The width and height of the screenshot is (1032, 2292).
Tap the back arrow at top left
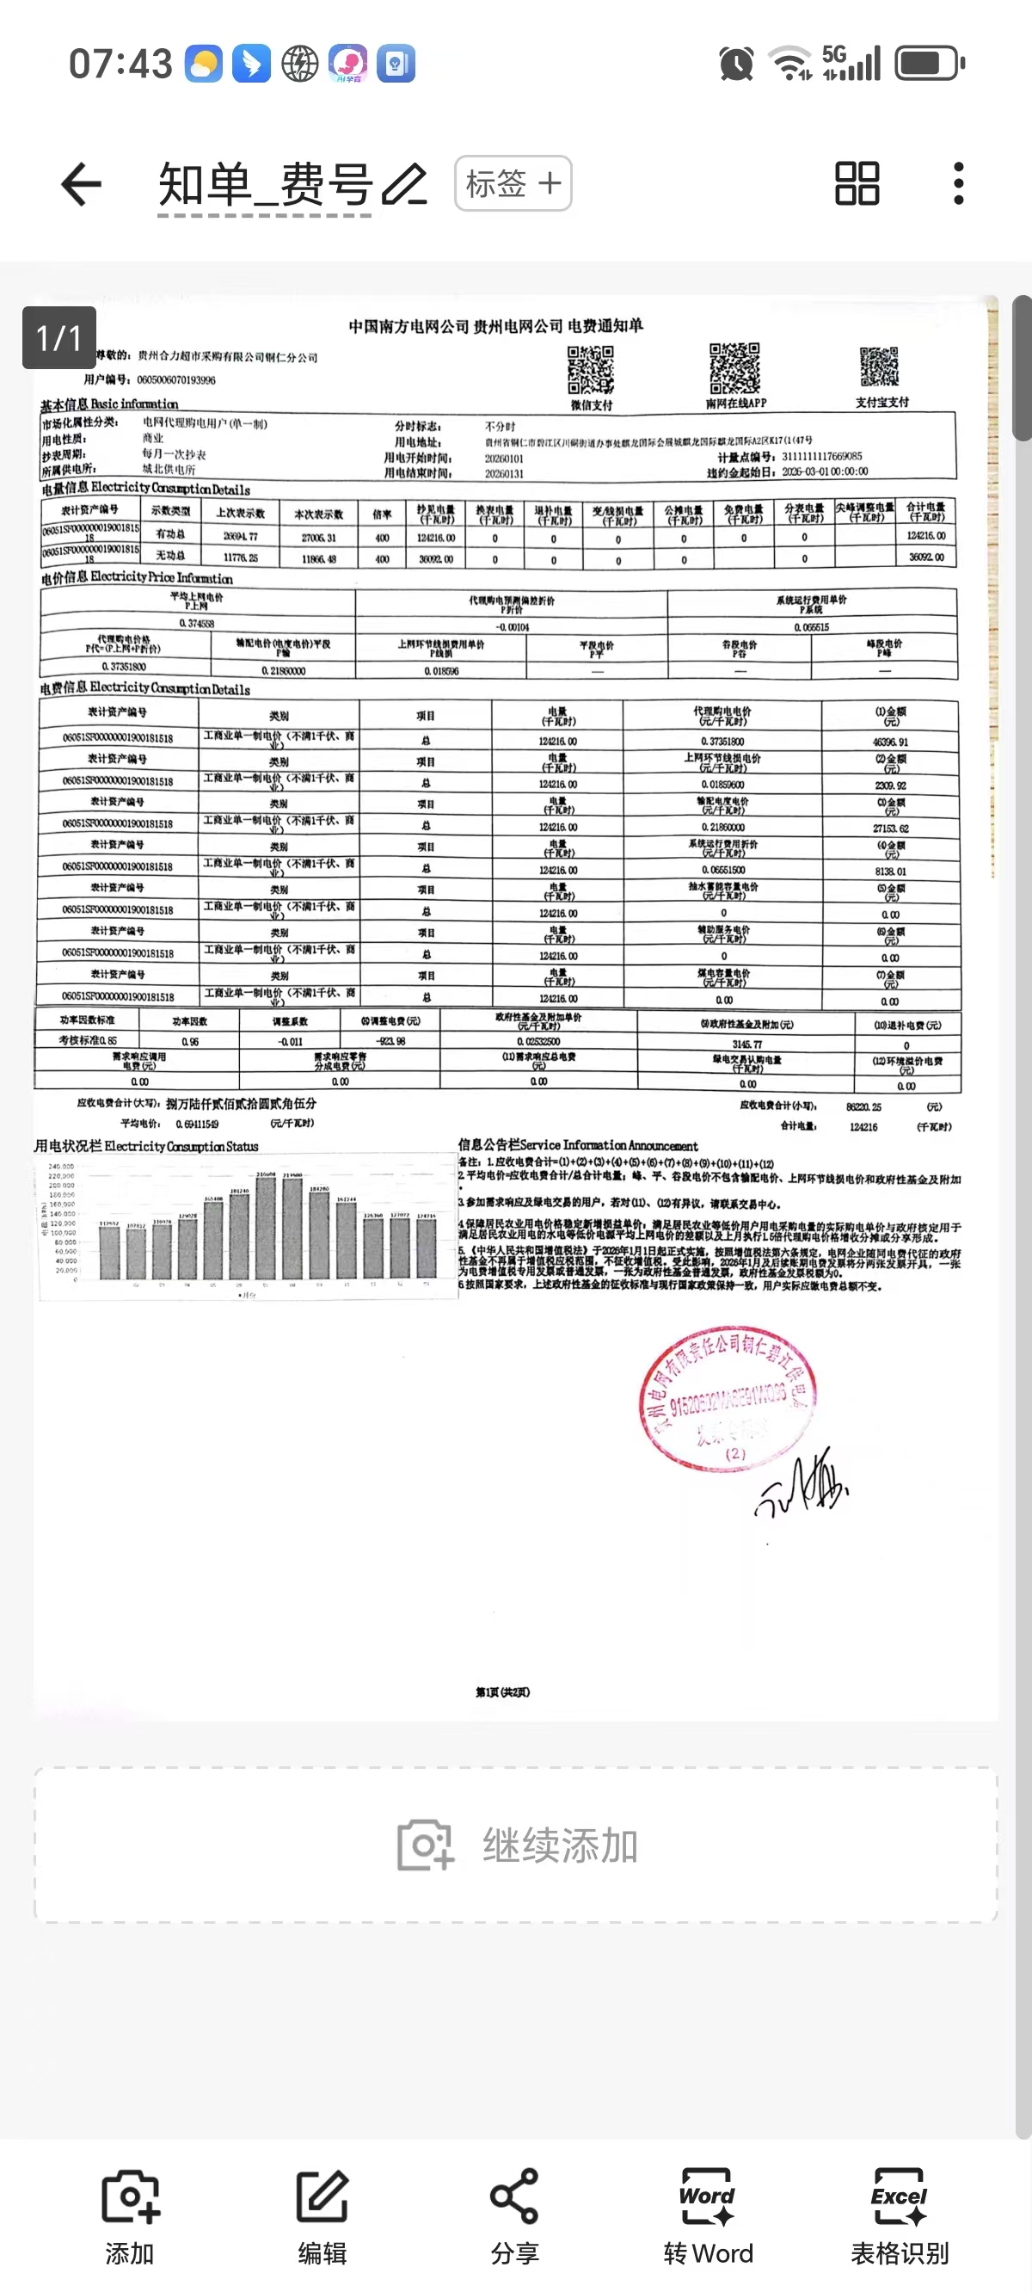81,184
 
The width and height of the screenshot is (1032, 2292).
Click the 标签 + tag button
513,184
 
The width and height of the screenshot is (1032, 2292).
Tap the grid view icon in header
857,184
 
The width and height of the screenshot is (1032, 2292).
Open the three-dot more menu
958,184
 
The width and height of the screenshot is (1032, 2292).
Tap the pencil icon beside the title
405,184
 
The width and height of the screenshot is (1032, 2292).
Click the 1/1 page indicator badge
58,337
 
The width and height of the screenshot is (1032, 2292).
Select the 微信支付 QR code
591,369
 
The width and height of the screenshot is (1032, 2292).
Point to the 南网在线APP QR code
734,367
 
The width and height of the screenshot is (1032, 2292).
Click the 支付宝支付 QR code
879,367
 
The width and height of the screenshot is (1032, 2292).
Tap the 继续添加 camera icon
425,1845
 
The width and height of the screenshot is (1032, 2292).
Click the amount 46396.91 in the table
889,742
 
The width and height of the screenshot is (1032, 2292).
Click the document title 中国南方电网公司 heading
495,326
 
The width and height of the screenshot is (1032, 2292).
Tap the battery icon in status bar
929,64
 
